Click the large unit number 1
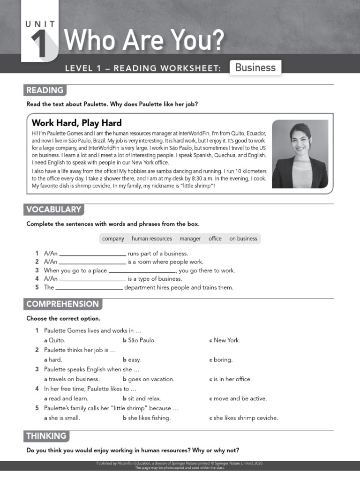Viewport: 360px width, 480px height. click(39, 45)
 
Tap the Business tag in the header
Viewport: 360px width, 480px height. click(255, 67)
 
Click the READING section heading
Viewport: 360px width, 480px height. click(45, 90)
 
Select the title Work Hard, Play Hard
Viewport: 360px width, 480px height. click(76, 123)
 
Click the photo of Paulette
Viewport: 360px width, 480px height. click(300, 154)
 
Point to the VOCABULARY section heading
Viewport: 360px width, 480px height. click(53, 210)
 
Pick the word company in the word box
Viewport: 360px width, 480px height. click(113, 239)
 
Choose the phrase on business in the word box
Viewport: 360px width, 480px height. click(243, 239)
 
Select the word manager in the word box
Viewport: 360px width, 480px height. click(190, 239)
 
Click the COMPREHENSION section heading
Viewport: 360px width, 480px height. click(62, 304)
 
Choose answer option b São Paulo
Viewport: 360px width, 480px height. click(139, 340)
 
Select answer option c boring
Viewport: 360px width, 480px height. click(221, 360)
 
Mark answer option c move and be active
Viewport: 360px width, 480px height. click(238, 398)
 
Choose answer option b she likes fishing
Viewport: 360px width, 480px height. click(147, 418)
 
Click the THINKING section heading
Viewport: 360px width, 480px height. click(46, 436)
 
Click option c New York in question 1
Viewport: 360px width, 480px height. click(225, 340)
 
